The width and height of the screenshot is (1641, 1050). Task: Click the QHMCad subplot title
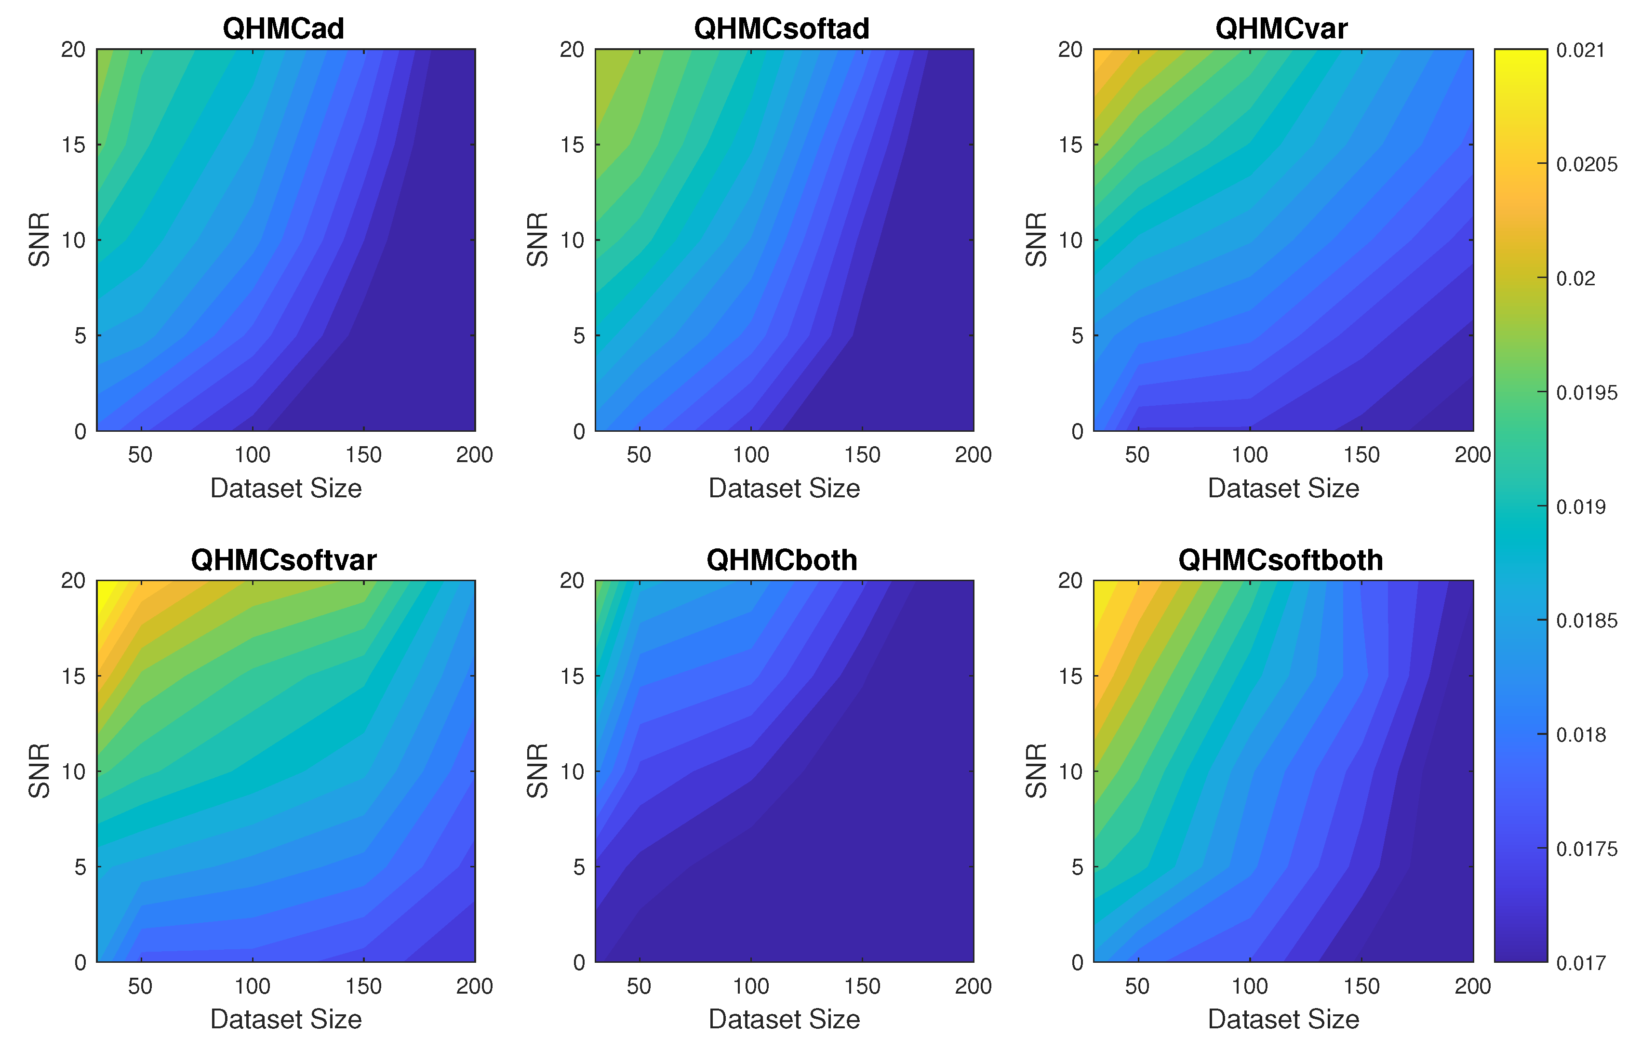pos(283,28)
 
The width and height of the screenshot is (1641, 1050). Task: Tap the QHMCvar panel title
pos(1281,28)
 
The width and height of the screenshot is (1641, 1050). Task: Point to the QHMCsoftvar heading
pos(283,560)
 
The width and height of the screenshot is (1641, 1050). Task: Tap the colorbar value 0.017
pos(1580,963)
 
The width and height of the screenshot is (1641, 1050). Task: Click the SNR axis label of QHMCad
pos(40,239)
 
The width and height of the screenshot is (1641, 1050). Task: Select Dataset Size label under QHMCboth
pos(784,1019)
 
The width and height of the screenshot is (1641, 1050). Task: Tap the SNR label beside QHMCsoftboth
pos(1036,771)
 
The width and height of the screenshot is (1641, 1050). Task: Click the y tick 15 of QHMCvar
pos(1070,145)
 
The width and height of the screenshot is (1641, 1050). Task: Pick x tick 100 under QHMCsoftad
pos(751,455)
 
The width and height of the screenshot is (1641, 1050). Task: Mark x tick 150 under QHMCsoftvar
pos(363,986)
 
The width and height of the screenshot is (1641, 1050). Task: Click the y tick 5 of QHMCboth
pos(579,866)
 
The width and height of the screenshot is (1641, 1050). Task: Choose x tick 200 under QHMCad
pos(475,455)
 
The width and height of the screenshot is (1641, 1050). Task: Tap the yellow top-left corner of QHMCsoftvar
pos(104,588)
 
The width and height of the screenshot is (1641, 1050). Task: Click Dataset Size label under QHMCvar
pos(1283,488)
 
